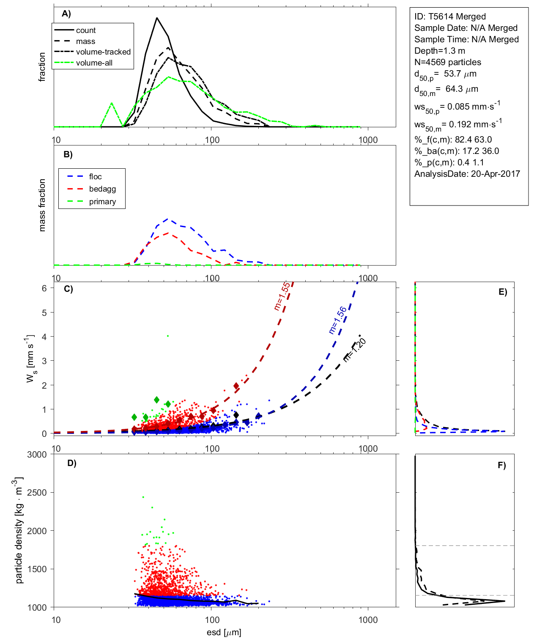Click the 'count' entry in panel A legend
86,30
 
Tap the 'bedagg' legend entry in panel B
102,189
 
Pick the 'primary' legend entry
102,202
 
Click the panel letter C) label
68,289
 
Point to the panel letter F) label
501,465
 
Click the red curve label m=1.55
282,296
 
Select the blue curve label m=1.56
337,320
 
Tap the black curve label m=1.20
354,350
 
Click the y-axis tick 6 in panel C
44,288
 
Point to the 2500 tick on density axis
37,493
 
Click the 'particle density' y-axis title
19,530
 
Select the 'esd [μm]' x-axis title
224,633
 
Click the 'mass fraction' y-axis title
42,205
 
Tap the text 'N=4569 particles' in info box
447,62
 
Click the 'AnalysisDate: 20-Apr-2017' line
467,174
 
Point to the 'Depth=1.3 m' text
439,51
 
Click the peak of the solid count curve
157,18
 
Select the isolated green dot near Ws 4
168,336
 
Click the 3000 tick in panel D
37,455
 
